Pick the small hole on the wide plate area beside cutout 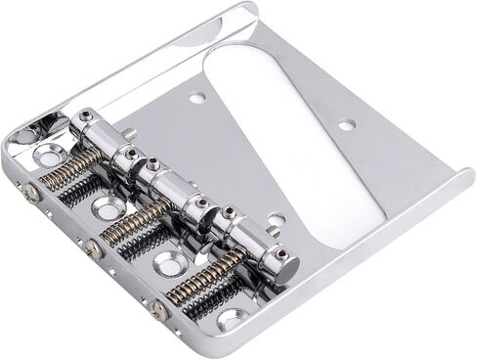344,125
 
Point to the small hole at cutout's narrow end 276,221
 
